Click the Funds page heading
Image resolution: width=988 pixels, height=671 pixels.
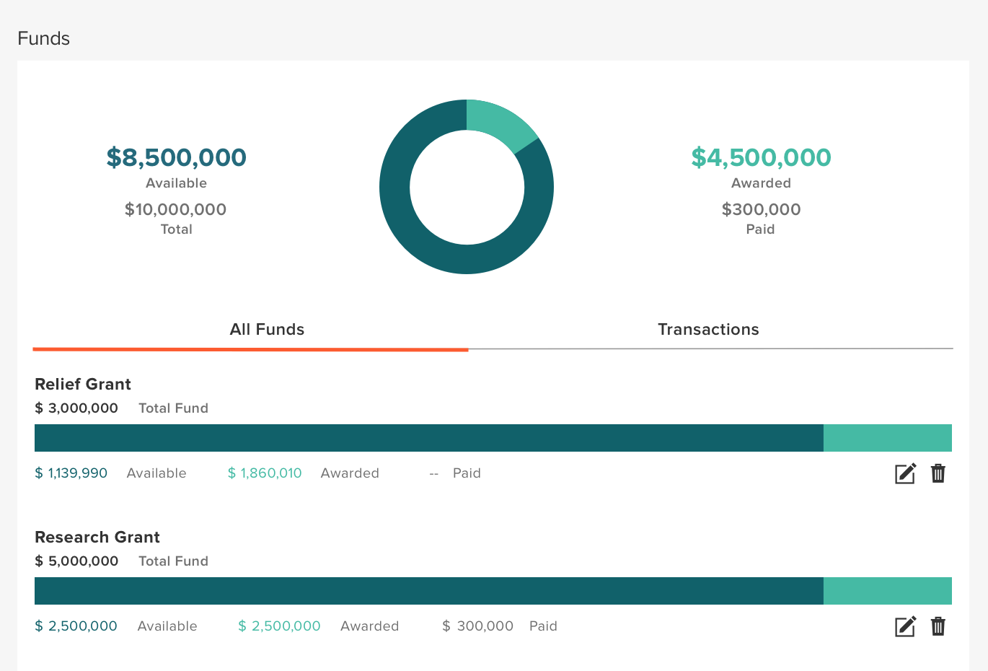tap(43, 38)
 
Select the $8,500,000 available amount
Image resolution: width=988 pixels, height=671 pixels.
tap(177, 157)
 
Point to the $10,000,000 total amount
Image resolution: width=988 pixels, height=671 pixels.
tap(176, 209)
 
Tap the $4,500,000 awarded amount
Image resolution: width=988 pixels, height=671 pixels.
tap(761, 157)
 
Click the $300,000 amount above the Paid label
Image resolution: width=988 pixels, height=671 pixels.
tap(761, 209)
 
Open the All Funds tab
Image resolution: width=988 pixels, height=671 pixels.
tap(267, 330)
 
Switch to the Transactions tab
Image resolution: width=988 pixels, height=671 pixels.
tap(708, 330)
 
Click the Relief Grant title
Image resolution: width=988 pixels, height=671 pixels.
tap(83, 384)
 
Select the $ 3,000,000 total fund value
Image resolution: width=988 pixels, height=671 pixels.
tap(76, 408)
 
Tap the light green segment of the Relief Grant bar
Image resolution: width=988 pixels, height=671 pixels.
tap(887, 438)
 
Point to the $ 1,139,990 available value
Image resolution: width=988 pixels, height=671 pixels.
tap(71, 473)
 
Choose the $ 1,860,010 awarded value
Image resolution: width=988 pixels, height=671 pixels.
tap(265, 473)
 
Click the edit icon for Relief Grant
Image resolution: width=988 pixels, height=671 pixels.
tap(905, 473)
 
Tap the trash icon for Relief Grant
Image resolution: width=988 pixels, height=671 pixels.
tap(938, 473)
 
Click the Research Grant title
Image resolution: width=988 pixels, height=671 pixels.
tap(97, 537)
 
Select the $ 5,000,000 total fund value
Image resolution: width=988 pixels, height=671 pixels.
tap(76, 561)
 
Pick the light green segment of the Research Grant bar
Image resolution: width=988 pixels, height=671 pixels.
tap(887, 591)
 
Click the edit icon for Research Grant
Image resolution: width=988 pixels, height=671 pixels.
tap(905, 626)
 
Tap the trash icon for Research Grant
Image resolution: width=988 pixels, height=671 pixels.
tap(938, 626)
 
